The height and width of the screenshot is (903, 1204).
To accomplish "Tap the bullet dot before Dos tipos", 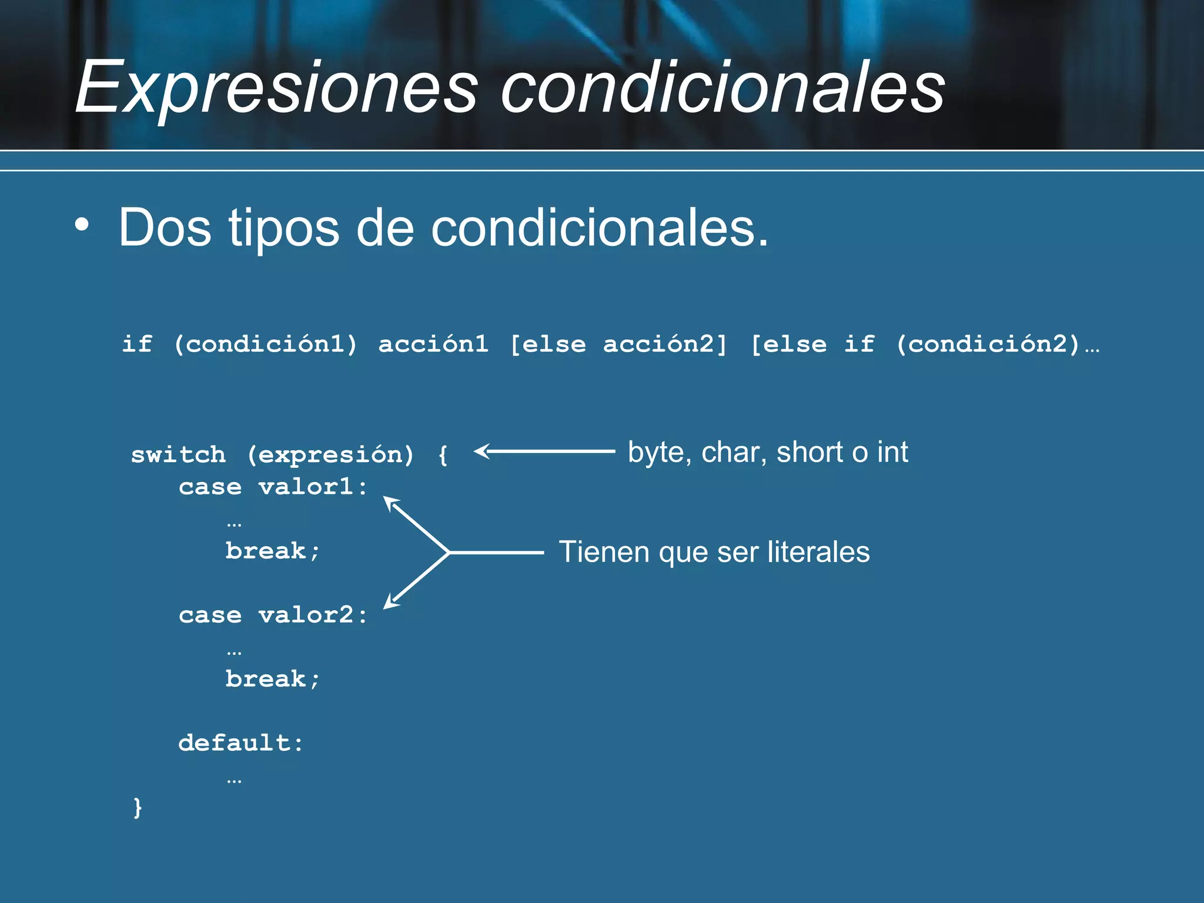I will tap(82, 226).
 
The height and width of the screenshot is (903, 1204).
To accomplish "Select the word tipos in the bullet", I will tap(283, 228).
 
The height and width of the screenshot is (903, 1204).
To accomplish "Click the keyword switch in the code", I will tap(178, 455).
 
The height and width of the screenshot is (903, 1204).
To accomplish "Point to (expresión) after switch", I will tap(330, 455).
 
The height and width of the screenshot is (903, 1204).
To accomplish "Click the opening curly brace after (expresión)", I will tap(443, 455).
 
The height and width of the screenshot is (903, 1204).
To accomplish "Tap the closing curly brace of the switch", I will tap(138, 807).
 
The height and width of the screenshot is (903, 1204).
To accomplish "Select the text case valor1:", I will tap(273, 487).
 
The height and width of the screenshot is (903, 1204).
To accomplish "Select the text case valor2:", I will tap(273, 615).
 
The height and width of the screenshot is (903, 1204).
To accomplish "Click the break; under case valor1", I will tap(272, 551).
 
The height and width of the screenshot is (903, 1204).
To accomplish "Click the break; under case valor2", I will tap(272, 679).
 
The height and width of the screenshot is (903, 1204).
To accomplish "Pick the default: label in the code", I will tap(240, 743).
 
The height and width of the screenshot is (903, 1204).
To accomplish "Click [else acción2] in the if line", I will tap(618, 344).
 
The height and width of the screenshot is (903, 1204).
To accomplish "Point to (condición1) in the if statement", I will tap(266, 344).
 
